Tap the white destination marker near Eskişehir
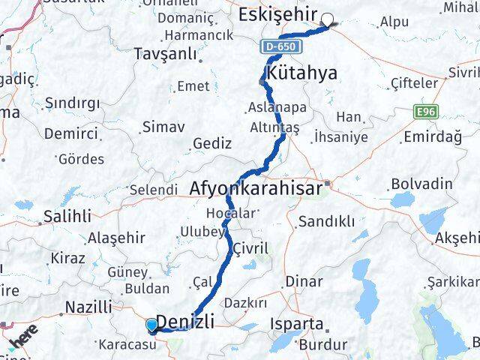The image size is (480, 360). pyautogui.click(x=328, y=20)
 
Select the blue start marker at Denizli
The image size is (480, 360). pyautogui.click(x=152, y=325)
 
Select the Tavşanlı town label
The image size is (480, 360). pyautogui.click(x=164, y=54)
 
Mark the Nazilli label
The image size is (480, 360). pyautogui.click(x=88, y=307)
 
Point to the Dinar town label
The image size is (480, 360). pyautogui.click(x=305, y=282)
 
